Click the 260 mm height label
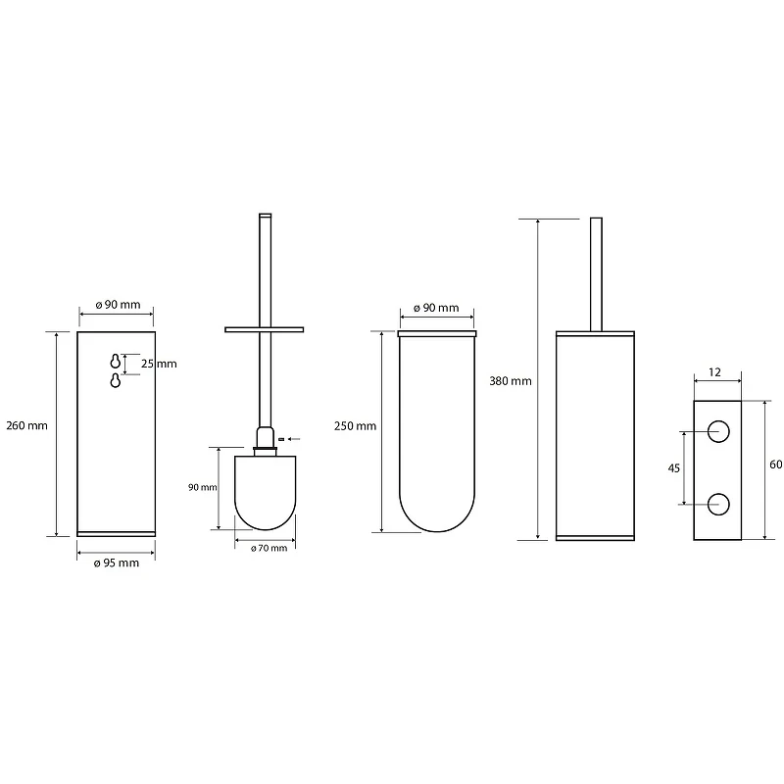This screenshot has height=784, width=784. click(x=27, y=425)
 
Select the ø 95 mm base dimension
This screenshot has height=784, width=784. click(x=117, y=563)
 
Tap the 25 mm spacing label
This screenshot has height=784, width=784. click(x=159, y=364)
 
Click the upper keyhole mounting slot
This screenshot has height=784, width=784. click(x=116, y=361)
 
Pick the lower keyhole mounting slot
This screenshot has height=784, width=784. click(x=116, y=380)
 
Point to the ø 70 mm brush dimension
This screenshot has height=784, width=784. click(x=269, y=549)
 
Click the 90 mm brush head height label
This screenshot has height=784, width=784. click(x=203, y=487)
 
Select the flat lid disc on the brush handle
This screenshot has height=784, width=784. click(x=264, y=329)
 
